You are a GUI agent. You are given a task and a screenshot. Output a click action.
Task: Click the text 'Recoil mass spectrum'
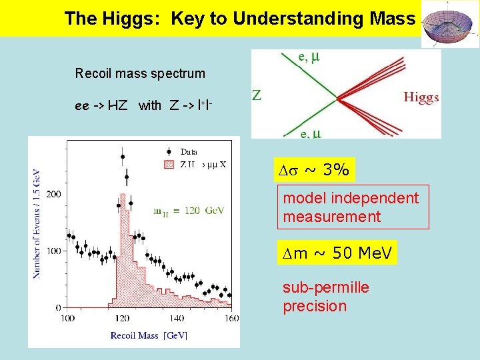pos(140,73)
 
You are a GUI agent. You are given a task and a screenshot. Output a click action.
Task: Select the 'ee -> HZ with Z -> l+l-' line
pos(144,105)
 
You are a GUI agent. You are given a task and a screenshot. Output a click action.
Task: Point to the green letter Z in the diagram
pos(257,95)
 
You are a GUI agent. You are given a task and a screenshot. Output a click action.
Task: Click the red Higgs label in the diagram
pos(421,98)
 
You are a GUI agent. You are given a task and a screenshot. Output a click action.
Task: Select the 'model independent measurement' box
pos(354,207)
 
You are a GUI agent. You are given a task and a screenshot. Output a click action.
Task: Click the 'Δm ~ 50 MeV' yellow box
pos(337,253)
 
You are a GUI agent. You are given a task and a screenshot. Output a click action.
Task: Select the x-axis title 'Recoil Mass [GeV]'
pos(148,335)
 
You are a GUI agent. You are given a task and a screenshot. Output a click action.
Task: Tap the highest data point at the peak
pos(123,157)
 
